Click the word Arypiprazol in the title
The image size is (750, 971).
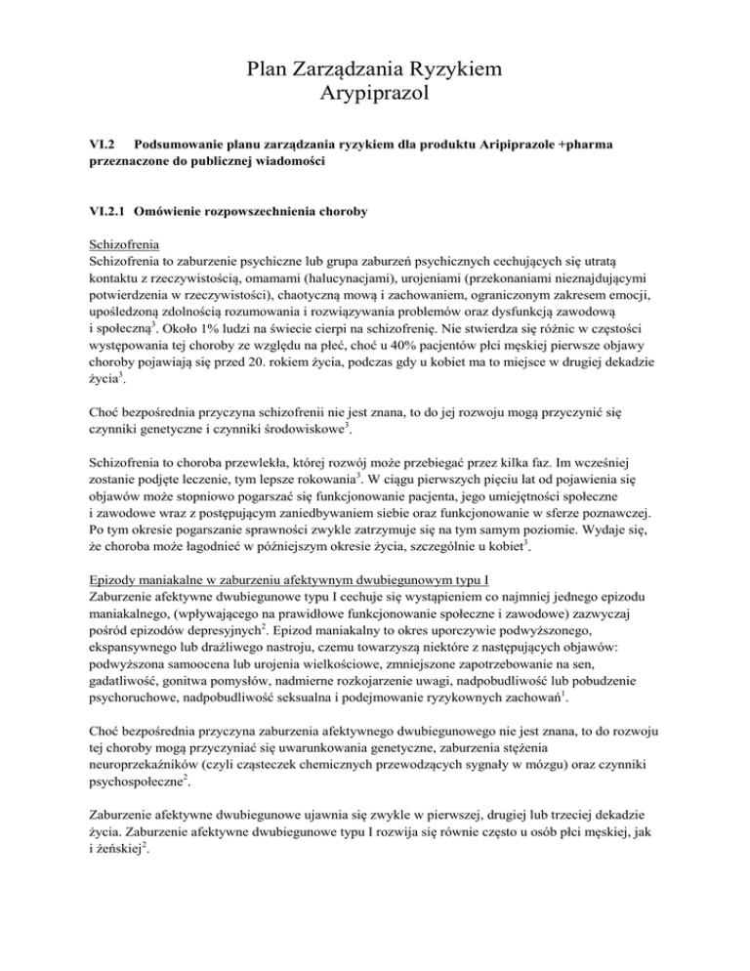[375, 95]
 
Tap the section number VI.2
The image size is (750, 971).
[104, 144]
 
